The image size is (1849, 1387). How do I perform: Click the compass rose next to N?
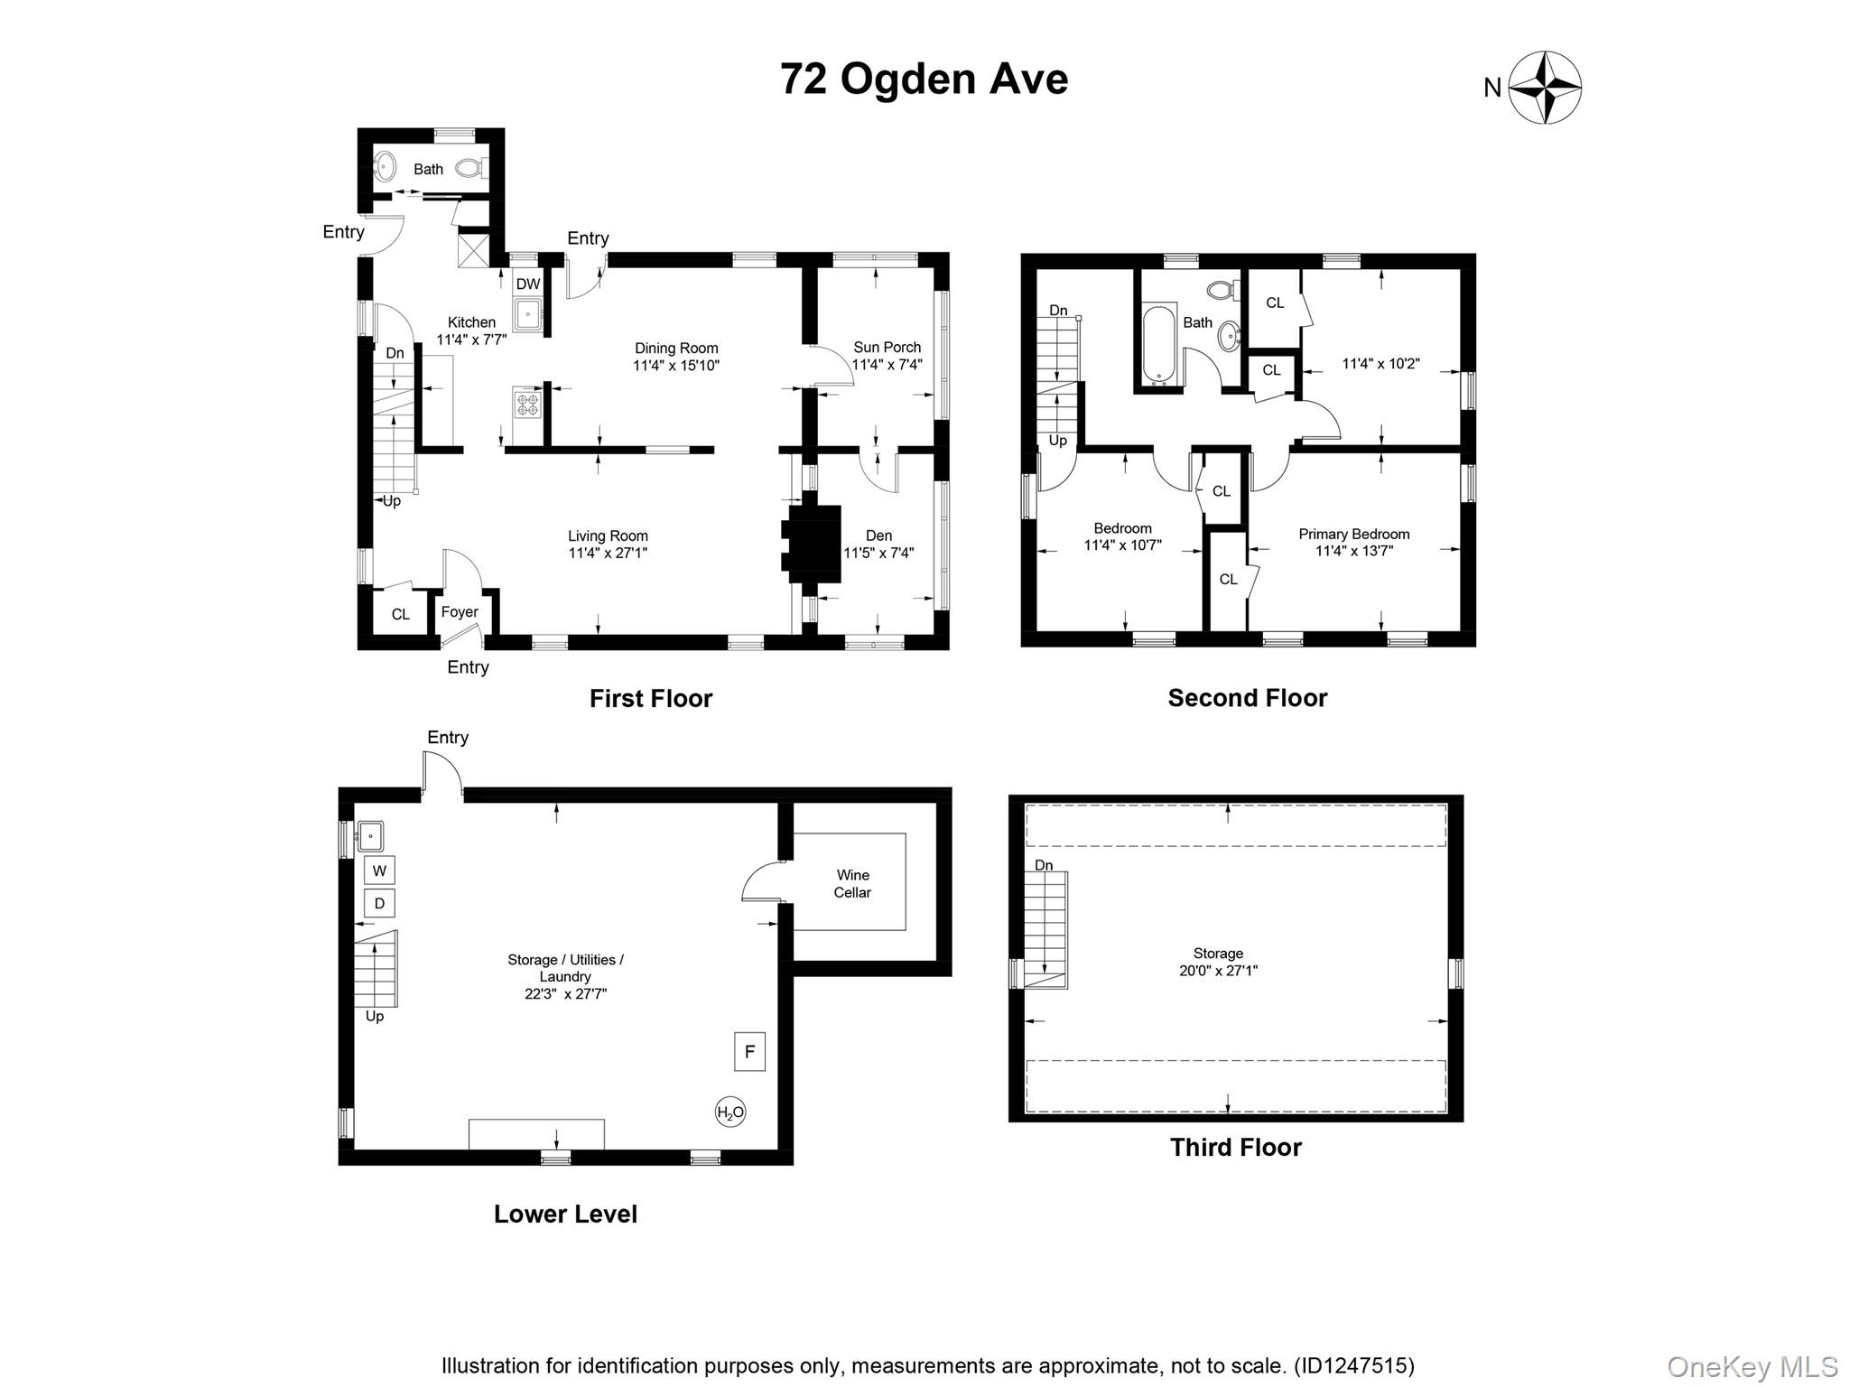(x=1545, y=88)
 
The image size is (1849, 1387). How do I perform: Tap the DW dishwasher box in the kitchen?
(x=528, y=284)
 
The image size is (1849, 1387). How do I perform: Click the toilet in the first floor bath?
(x=469, y=168)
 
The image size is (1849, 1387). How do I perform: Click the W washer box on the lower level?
(x=379, y=870)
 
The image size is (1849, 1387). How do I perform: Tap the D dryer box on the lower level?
(x=379, y=903)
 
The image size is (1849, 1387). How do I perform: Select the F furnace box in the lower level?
(x=749, y=1052)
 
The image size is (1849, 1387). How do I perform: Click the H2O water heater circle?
(x=730, y=1112)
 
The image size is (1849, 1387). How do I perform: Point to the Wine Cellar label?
(x=852, y=884)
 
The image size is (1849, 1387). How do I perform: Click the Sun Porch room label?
(x=887, y=348)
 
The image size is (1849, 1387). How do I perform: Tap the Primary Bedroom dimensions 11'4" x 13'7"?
(x=1354, y=551)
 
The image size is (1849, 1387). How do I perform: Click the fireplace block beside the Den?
(x=813, y=544)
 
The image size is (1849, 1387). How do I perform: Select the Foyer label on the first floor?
(x=460, y=612)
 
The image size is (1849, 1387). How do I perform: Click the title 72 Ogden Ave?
(x=924, y=79)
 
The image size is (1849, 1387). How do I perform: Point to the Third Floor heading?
(x=1235, y=1148)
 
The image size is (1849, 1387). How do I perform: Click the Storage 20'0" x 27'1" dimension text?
(x=1218, y=972)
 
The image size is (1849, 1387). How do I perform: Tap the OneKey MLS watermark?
(x=1751, y=1366)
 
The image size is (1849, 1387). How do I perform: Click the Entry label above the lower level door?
(x=448, y=738)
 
